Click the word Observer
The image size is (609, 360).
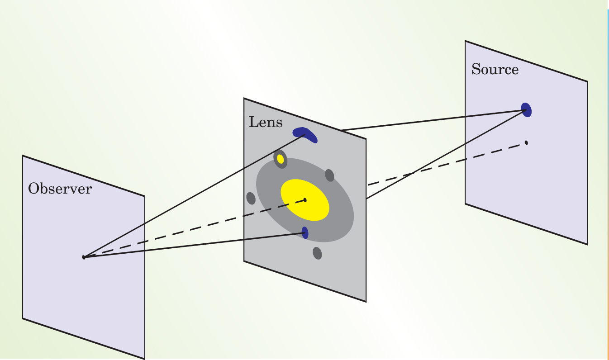(59, 189)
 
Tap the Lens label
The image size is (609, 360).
(266, 122)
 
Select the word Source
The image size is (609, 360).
(495, 70)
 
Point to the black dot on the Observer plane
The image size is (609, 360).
(84, 257)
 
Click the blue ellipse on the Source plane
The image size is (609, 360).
(526, 109)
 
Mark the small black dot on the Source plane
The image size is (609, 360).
(526, 143)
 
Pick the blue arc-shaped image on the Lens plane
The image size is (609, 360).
(305, 133)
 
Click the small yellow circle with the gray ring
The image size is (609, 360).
(281, 159)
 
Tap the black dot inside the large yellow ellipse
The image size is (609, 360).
(305, 200)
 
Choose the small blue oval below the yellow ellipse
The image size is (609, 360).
(305, 232)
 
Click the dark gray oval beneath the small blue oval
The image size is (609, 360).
(317, 253)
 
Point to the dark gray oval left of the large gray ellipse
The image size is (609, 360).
(251, 198)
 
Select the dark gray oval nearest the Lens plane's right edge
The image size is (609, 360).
(329, 175)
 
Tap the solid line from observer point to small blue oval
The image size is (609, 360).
(195, 245)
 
